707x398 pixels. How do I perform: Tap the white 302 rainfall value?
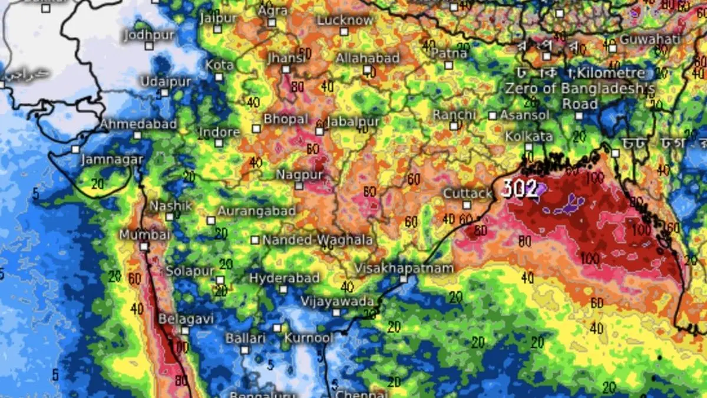pos(520,189)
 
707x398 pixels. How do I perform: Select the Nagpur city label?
pos(300,175)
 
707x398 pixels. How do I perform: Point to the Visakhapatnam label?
pos(404,268)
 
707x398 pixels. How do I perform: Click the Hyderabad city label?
pos(284,278)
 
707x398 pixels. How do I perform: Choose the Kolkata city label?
pos(528,136)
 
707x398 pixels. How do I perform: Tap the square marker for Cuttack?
pos(467,205)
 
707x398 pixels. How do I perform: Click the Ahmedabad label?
pos(138,124)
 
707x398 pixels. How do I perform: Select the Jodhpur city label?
pos(149,35)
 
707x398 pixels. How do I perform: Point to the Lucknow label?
pos(345,20)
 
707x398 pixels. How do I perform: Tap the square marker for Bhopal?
pos(256,129)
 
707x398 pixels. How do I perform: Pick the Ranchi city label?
pos(454,114)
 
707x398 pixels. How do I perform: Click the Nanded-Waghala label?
pos(317,240)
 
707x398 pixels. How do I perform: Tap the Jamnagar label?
pos(111,160)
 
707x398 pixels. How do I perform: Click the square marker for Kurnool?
pos(277,328)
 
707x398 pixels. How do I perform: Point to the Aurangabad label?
pos(256,210)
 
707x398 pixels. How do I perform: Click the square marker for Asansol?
pos(493,116)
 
